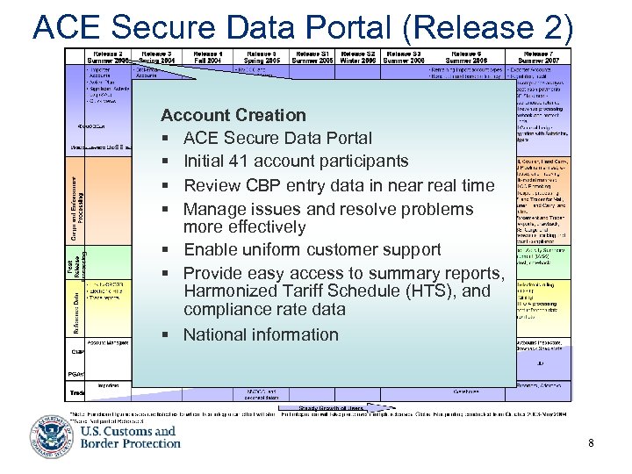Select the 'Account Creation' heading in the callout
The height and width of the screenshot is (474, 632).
pos(233,115)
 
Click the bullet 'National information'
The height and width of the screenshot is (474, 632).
pos(260,334)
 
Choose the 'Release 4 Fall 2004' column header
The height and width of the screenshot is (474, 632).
pos(207,57)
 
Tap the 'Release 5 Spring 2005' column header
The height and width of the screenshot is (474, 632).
pos(262,57)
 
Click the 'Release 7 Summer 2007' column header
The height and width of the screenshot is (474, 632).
pos(542,57)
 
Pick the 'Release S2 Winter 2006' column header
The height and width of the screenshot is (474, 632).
pos(359,57)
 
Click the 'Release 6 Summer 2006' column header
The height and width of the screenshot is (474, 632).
pos(468,57)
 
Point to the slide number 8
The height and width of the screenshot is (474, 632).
pos(591,443)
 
